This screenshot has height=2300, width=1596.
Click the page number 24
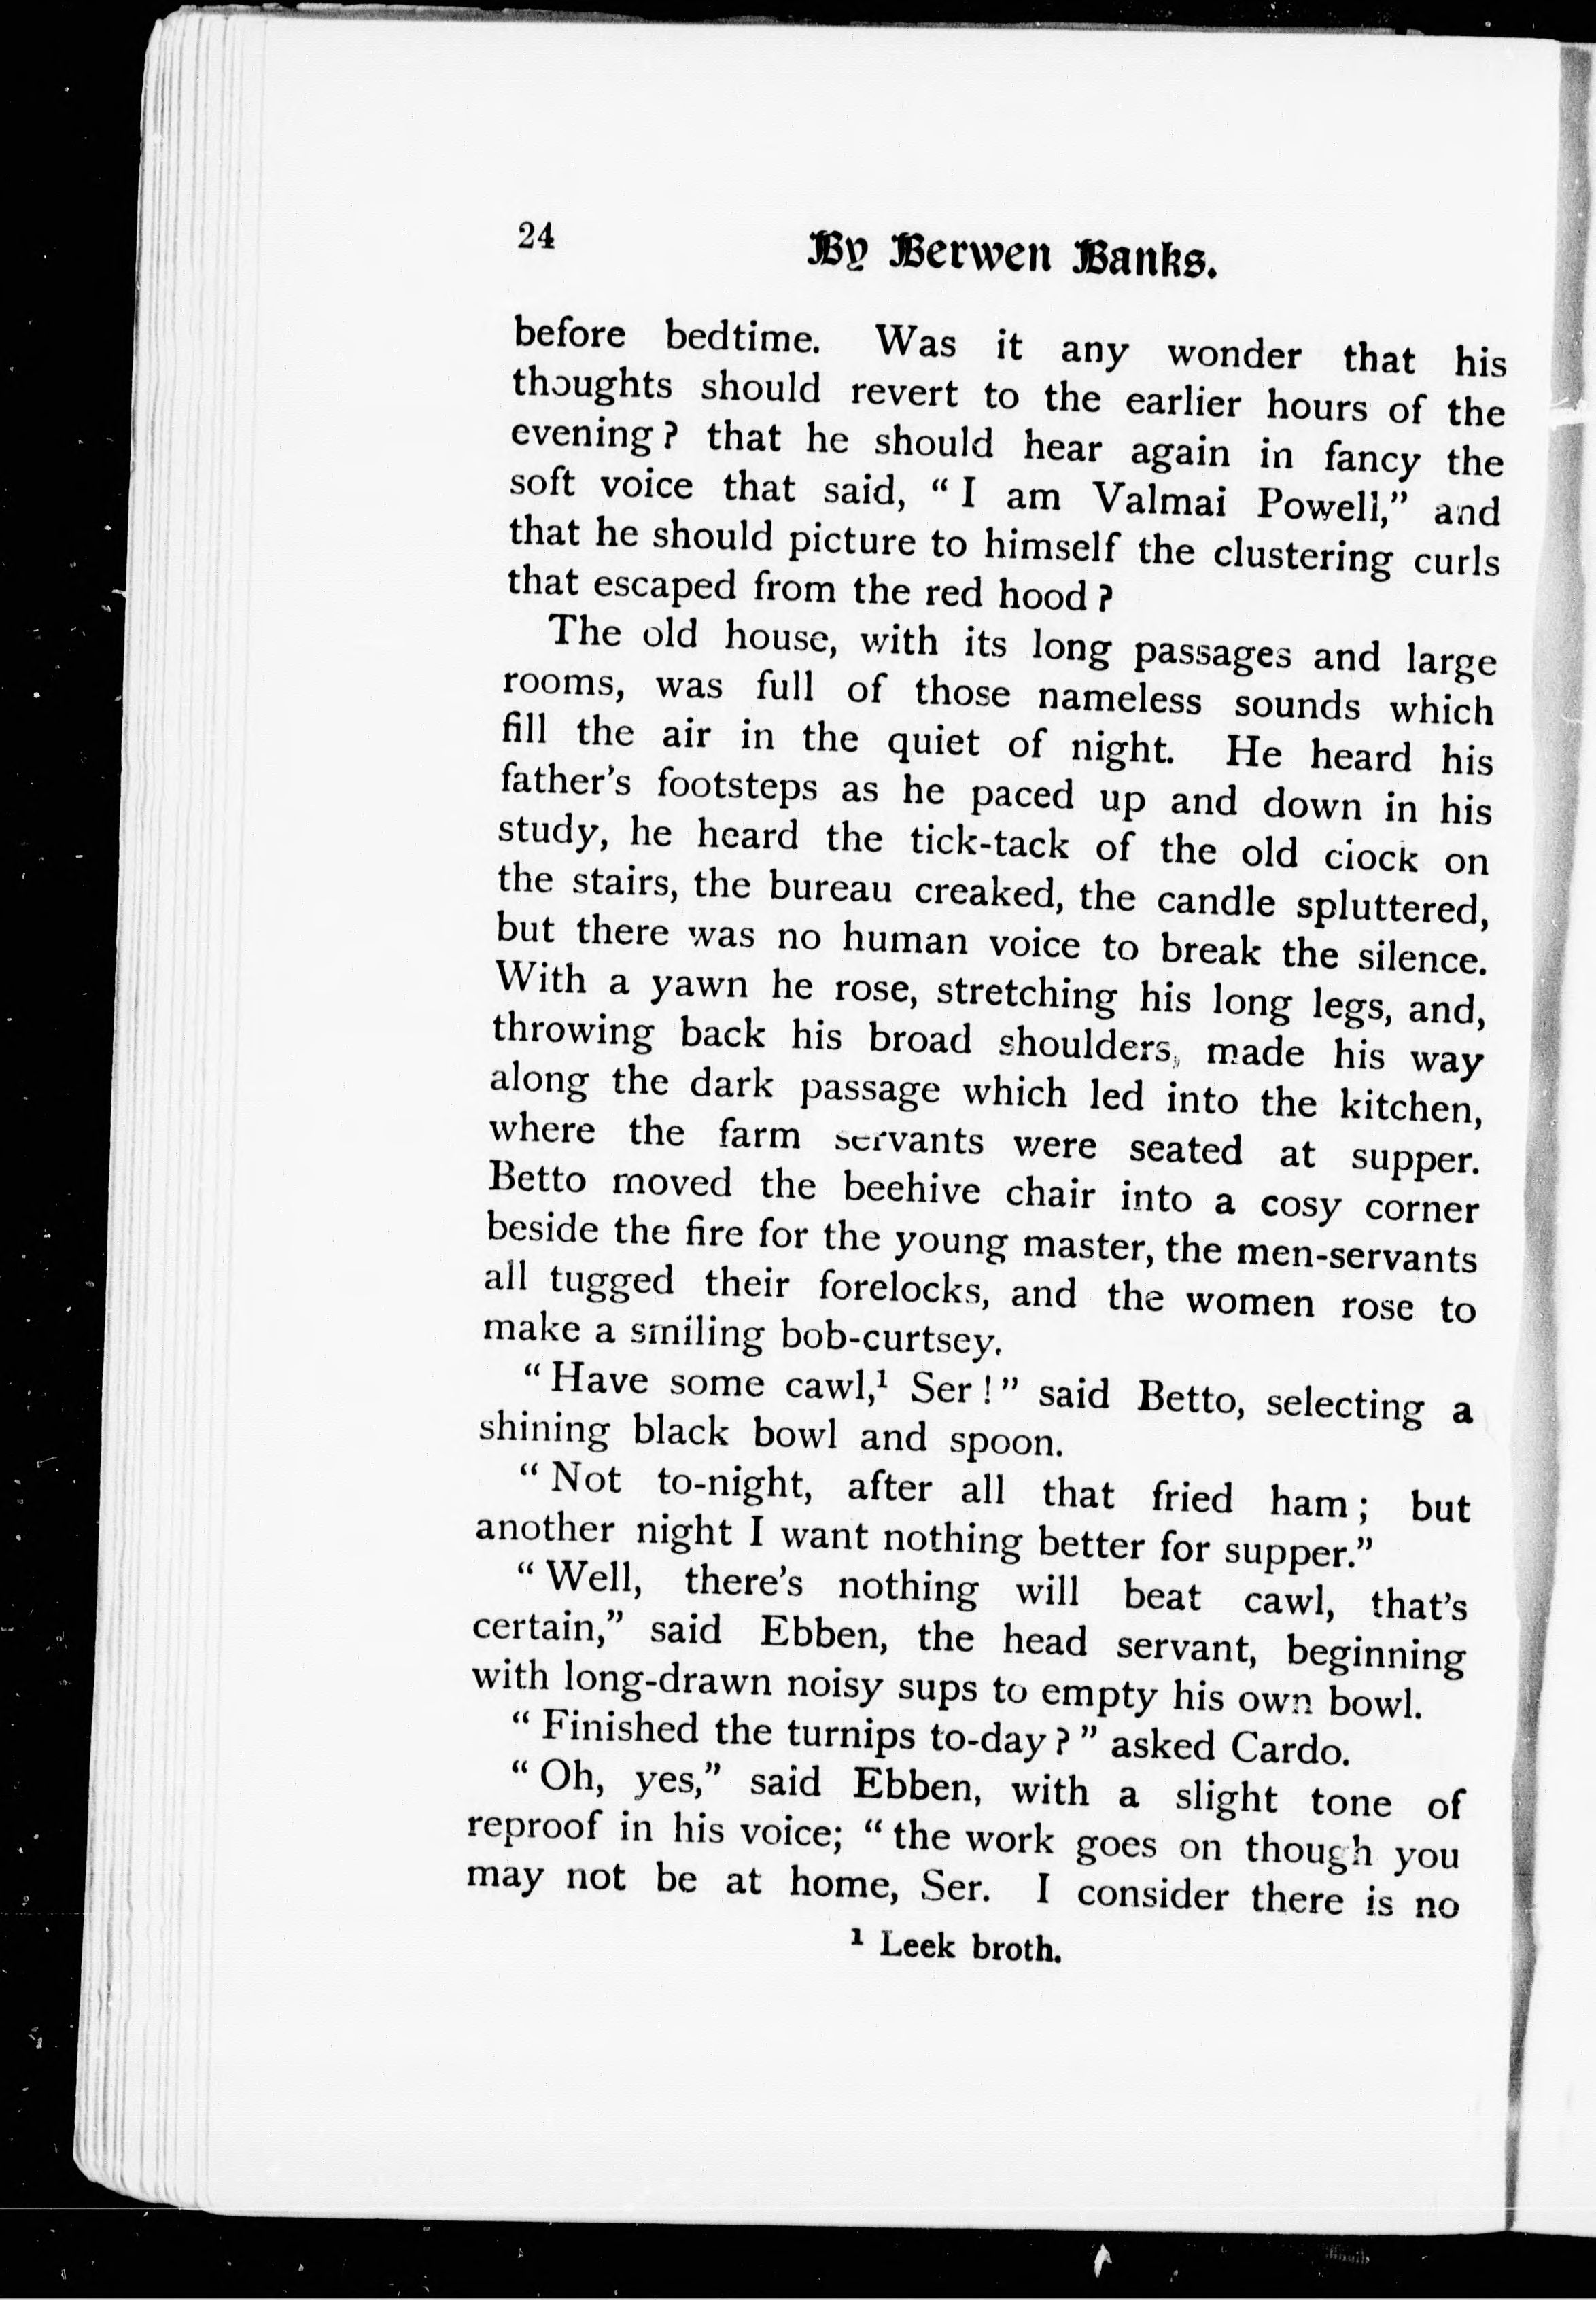536,235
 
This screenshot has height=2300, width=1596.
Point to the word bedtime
743,337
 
